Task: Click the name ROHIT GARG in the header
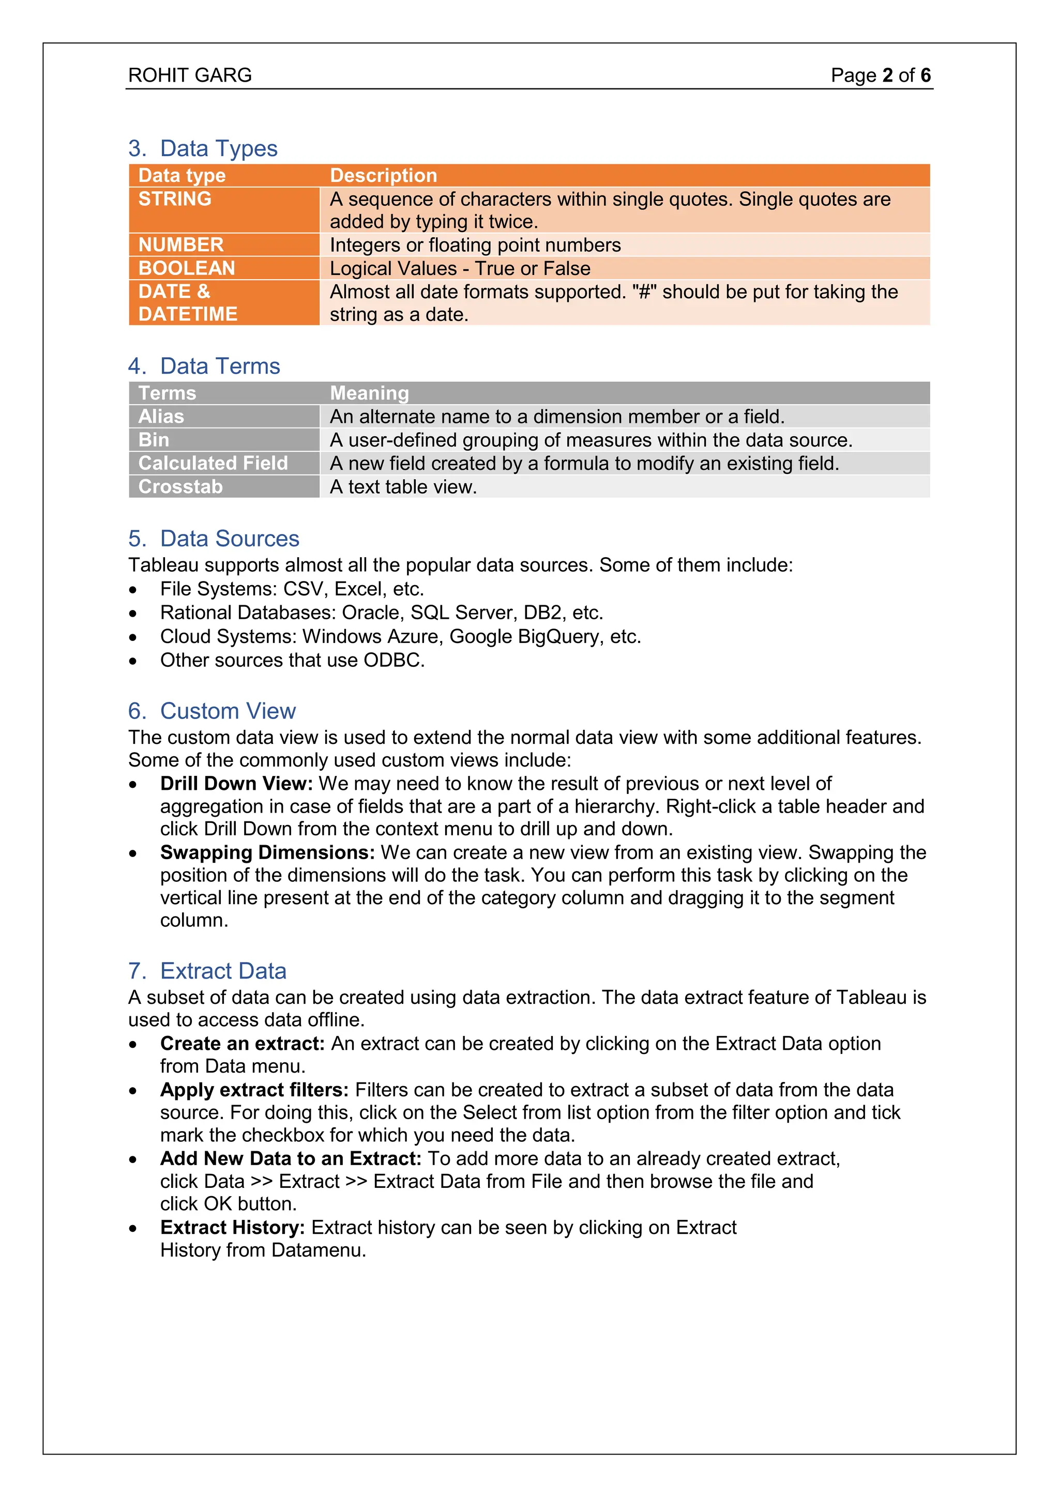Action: click(190, 75)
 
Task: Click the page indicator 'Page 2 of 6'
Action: click(880, 75)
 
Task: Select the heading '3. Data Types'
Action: click(203, 149)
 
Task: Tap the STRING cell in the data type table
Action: click(175, 199)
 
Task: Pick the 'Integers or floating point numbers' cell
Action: click(475, 245)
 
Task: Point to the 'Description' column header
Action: click(384, 175)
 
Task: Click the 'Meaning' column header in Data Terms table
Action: click(369, 393)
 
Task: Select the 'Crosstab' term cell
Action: click(180, 487)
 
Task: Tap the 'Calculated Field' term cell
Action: click(213, 464)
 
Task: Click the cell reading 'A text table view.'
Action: click(403, 487)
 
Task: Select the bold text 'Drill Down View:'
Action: click(237, 784)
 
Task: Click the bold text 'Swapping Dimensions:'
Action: click(267, 853)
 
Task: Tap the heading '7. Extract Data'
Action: click(207, 971)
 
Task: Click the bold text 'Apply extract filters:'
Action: click(254, 1090)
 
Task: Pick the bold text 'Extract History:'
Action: click(232, 1228)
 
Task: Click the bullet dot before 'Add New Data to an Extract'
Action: click(133, 1160)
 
